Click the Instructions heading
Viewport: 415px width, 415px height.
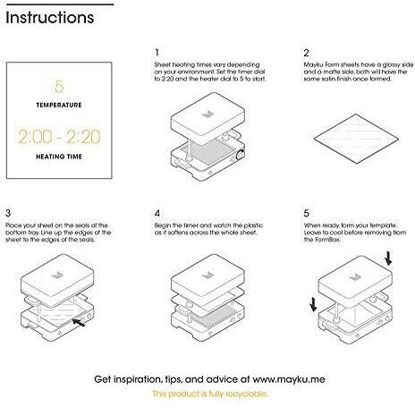pyautogui.click(x=50, y=17)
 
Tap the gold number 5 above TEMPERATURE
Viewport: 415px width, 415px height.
pyautogui.click(x=59, y=87)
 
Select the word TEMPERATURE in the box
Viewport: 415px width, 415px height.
pyautogui.click(x=59, y=106)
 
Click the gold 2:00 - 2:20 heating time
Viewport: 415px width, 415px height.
pyautogui.click(x=59, y=137)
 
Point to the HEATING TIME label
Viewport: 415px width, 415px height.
pyautogui.click(x=59, y=157)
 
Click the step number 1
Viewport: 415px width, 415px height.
pyautogui.click(x=157, y=53)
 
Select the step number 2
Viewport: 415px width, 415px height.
pyautogui.click(x=307, y=53)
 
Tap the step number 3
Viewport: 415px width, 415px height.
pyautogui.click(x=8, y=213)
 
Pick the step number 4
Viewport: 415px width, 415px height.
pyautogui.click(x=157, y=214)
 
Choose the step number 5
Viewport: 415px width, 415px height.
pyautogui.click(x=307, y=214)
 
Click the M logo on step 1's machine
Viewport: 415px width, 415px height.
pyautogui.click(x=207, y=114)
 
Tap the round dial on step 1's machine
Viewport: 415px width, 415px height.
pyautogui.click(x=240, y=155)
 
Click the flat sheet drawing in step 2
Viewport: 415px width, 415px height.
pyautogui.click(x=356, y=139)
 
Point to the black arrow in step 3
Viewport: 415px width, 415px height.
pyautogui.click(x=79, y=322)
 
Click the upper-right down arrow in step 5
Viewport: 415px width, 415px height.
pyautogui.click(x=388, y=258)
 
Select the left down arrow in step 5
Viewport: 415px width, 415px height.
pyautogui.click(x=313, y=304)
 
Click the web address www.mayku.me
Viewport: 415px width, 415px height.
pyautogui.click(x=289, y=379)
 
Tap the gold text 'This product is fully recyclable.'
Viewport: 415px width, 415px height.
pyautogui.click(x=210, y=394)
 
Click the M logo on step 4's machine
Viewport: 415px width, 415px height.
pyautogui.click(x=207, y=275)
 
